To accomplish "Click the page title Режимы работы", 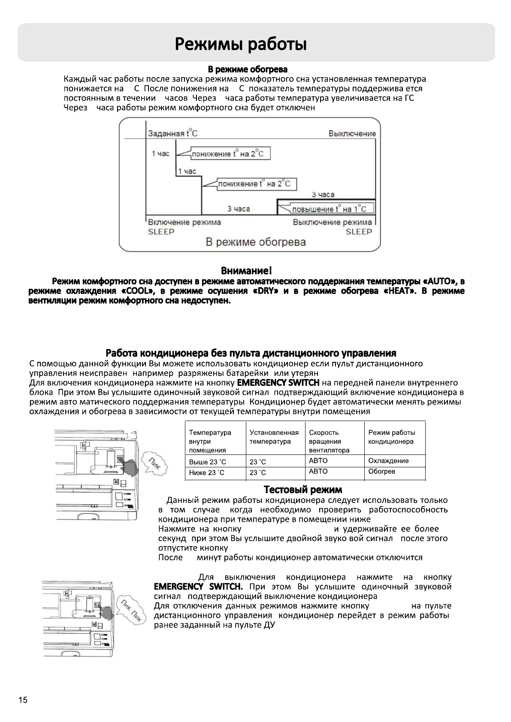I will click(x=241, y=44).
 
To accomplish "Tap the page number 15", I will click(x=23, y=700).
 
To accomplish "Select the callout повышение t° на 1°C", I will click(x=329, y=209).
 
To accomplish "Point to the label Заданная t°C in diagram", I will click(x=172, y=133).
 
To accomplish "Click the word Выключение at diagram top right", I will click(x=352, y=133).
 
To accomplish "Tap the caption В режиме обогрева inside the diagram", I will click(x=256, y=242).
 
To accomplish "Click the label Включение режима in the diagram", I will click(x=184, y=222).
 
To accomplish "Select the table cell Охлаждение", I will click(x=388, y=461).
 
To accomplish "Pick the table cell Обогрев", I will click(x=381, y=471).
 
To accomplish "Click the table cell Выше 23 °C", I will click(x=207, y=462).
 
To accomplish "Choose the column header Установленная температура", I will click(x=274, y=437).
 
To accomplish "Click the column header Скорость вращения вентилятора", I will click(x=329, y=441).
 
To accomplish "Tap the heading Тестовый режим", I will click(x=302, y=490).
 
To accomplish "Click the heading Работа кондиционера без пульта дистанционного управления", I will click(x=251, y=353).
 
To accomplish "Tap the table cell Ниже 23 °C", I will click(x=206, y=473).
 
